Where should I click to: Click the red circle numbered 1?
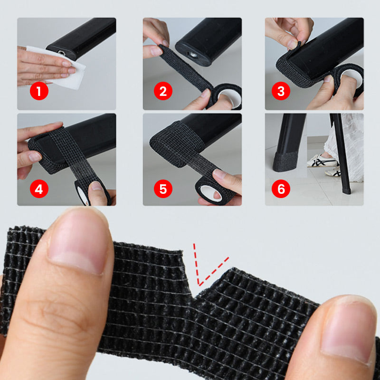coord(39,91)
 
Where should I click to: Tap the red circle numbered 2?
coord(163,91)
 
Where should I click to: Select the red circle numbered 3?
coord(281,91)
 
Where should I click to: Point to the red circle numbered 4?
coord(39,189)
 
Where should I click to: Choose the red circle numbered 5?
coord(163,189)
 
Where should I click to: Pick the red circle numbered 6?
coord(281,189)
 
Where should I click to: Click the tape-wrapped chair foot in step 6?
coord(286,161)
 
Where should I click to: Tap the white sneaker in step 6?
coord(323,161)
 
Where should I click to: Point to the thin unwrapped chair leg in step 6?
coord(341,153)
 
